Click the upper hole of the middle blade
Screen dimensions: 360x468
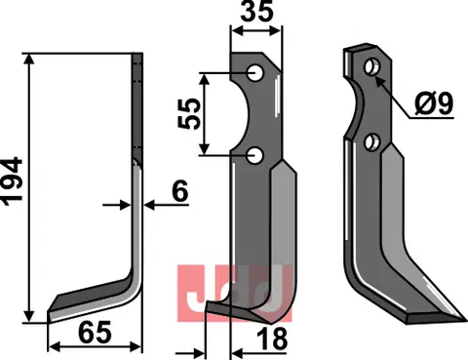pyautogui.click(x=253, y=72)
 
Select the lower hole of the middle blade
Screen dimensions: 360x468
pyautogui.click(x=253, y=153)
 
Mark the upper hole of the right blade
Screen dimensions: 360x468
pyautogui.click(x=372, y=67)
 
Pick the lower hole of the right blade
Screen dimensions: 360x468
pyautogui.click(x=371, y=142)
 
